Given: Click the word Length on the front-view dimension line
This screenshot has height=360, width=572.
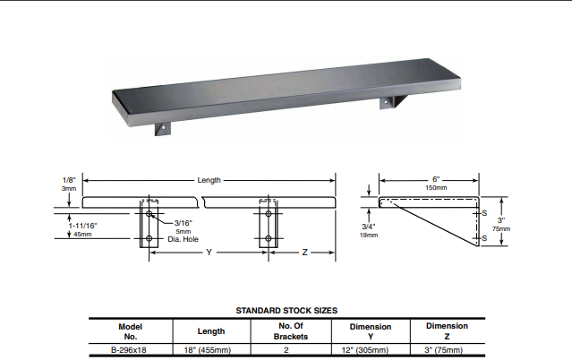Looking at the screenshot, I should (209, 180).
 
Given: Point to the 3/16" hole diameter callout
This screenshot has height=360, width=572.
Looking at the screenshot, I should (184, 222).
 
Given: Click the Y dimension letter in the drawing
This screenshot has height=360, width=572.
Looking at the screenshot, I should (209, 253).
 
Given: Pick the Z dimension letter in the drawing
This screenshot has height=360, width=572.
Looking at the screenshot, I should (304, 253).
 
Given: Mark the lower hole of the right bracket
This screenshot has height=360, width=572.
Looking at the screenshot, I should (269, 239).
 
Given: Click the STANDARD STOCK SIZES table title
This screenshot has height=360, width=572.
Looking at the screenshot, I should (286, 310).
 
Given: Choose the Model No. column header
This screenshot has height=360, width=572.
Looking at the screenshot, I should (131, 331).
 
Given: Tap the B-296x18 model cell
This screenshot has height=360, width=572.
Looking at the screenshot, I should (131, 350).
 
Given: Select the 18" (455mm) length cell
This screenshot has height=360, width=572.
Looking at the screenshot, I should (210, 350).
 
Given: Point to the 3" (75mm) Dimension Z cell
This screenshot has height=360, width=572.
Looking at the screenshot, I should (447, 350).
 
